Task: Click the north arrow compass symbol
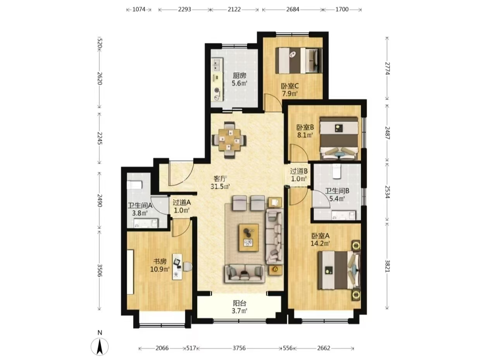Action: (x=100, y=346)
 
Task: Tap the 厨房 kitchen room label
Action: (x=239, y=76)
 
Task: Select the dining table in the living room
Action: (x=229, y=140)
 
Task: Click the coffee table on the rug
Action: (x=249, y=238)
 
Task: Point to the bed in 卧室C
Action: (x=299, y=60)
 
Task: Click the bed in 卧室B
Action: (x=339, y=138)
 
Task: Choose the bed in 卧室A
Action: (x=339, y=270)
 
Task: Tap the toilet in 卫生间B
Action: (x=337, y=171)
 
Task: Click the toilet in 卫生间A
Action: (x=134, y=185)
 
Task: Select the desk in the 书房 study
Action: (x=177, y=267)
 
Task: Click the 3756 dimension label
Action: (x=239, y=348)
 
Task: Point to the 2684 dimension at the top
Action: (x=292, y=9)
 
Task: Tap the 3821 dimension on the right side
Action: (x=387, y=266)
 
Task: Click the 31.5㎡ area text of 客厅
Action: (x=220, y=187)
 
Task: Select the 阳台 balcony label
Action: (x=239, y=303)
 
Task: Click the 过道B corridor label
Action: (x=299, y=171)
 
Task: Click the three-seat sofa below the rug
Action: (x=244, y=274)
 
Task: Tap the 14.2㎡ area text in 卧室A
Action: (x=320, y=243)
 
